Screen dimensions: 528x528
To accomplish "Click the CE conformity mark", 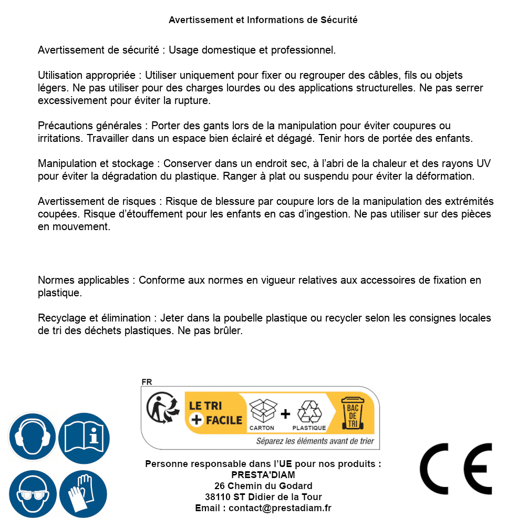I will point(455,469).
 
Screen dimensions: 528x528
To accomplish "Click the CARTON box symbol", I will point(262,412).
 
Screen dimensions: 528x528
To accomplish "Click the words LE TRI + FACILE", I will point(216,413).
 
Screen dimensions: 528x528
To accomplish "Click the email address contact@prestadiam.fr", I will point(280,508).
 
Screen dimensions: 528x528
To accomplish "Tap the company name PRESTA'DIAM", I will point(263,475).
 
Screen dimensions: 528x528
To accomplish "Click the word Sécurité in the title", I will point(339,20).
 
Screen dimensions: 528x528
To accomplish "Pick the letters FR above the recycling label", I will point(147,382).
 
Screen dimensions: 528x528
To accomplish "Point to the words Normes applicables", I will point(83,281).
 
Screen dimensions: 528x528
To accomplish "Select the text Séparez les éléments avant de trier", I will point(315,441).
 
